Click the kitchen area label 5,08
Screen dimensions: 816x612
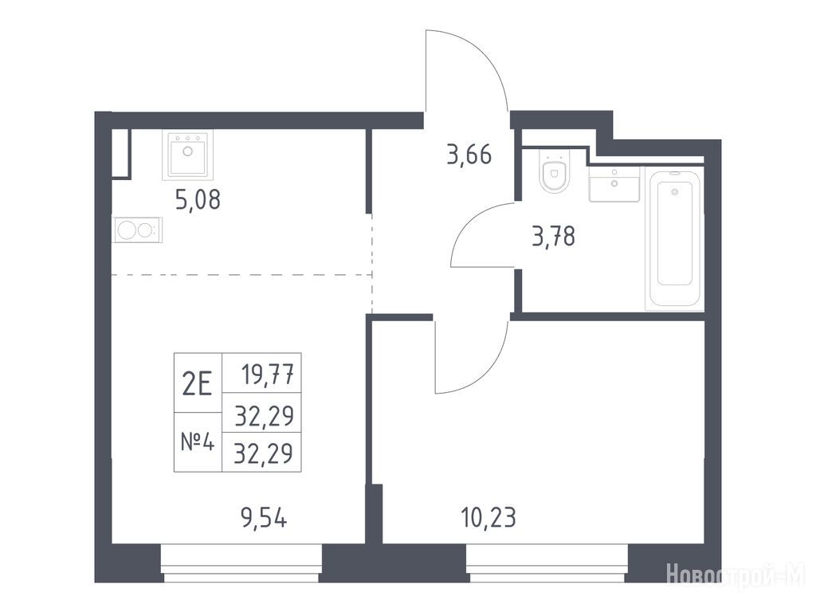(198, 199)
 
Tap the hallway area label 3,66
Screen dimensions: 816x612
(469, 155)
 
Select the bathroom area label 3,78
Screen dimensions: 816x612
(554, 236)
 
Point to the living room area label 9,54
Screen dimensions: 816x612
(264, 518)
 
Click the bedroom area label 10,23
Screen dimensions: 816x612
(488, 517)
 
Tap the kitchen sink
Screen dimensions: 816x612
(187, 155)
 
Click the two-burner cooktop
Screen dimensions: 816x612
(137, 230)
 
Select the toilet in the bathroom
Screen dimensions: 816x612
(555, 171)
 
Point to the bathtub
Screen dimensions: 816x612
(674, 238)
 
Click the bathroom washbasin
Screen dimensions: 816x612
(614, 184)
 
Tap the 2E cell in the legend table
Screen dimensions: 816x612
(198, 383)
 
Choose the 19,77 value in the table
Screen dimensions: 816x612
(268, 373)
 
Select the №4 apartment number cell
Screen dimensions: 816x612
(198, 442)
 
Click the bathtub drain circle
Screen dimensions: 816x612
(675, 192)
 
